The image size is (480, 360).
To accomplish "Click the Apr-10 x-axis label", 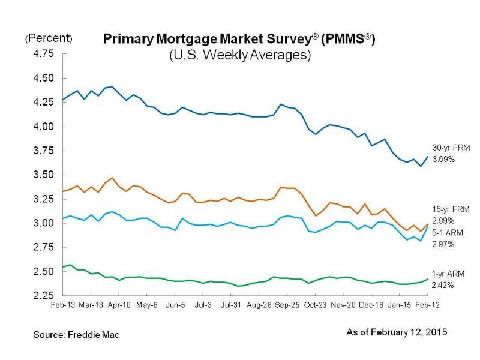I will point(119,305).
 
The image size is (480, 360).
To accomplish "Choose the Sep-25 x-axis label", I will point(288,305).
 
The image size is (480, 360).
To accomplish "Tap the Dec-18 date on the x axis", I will point(372,305).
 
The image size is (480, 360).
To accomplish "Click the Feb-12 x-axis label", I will point(427,305).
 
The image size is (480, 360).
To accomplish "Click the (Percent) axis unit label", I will point(48,38).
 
